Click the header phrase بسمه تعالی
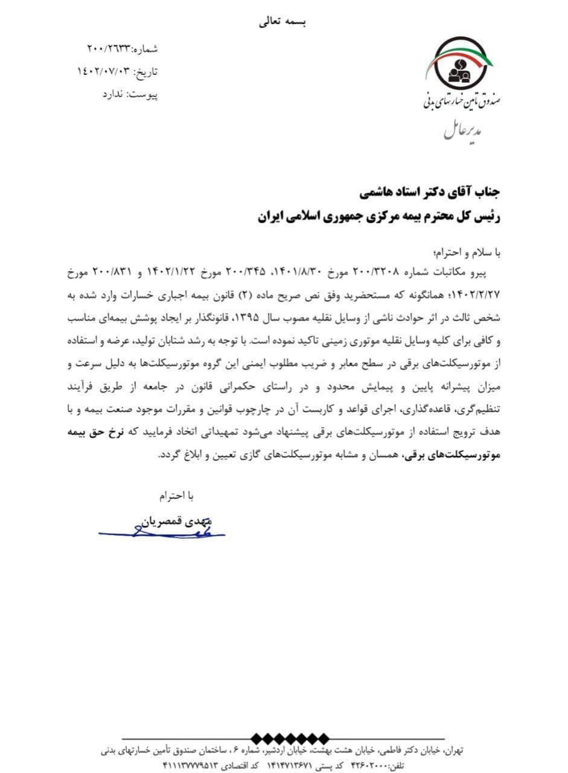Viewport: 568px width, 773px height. click(x=283, y=22)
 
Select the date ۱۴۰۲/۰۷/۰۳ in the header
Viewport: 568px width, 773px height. click(x=103, y=72)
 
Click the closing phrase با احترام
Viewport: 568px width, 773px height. click(x=177, y=496)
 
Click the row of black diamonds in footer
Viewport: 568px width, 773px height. click(x=290, y=738)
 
